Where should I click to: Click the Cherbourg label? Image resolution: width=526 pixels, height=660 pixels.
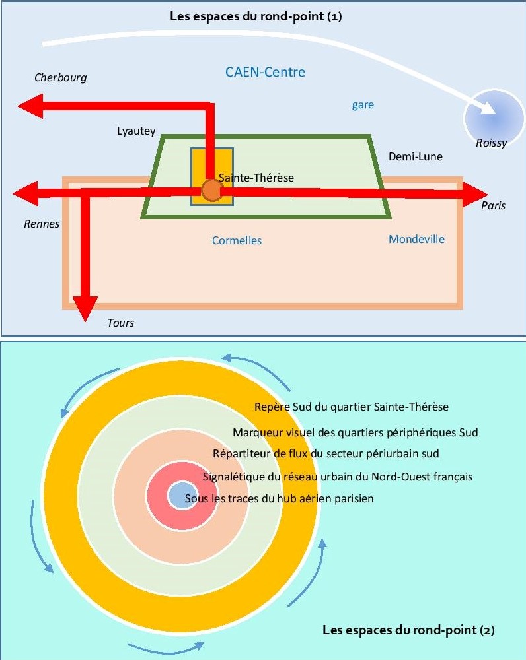pyautogui.click(x=60, y=78)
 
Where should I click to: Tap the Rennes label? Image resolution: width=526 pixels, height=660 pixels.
pyautogui.click(x=42, y=224)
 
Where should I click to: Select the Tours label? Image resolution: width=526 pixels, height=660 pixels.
pyautogui.click(x=120, y=323)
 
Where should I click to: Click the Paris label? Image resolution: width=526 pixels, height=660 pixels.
pyautogui.click(x=493, y=205)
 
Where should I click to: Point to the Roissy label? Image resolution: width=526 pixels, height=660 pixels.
pyautogui.click(x=491, y=143)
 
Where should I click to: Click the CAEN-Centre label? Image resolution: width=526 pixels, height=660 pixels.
pyautogui.click(x=265, y=72)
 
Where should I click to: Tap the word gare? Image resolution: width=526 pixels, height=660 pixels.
pyautogui.click(x=363, y=105)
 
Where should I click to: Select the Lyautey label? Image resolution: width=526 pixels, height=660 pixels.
pyautogui.click(x=136, y=132)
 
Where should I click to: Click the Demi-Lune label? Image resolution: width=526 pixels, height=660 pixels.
pyautogui.click(x=415, y=156)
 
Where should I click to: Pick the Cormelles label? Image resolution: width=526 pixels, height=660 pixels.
pyautogui.click(x=237, y=240)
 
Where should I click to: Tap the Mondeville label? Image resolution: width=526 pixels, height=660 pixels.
pyautogui.click(x=416, y=239)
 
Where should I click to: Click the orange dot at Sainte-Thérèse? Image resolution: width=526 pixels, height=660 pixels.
pyautogui.click(x=211, y=190)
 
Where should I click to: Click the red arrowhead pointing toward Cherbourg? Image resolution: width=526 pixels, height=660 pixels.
pyautogui.click(x=30, y=106)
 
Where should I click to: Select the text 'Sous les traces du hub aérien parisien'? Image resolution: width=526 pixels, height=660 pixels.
pyautogui.click(x=279, y=499)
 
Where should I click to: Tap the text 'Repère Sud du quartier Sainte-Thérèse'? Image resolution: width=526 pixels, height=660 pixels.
pyautogui.click(x=351, y=407)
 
